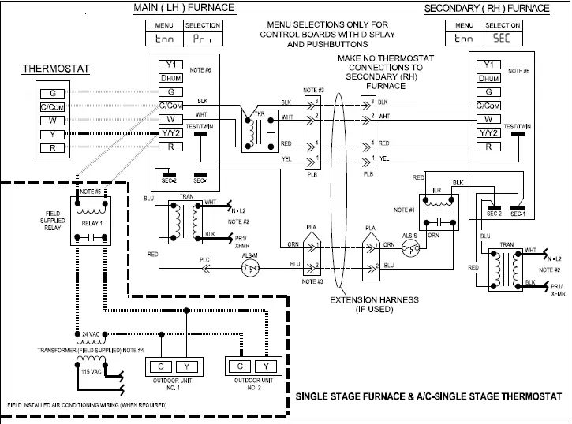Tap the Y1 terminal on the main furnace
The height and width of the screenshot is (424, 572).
point(170,65)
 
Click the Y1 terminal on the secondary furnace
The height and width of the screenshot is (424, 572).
point(489,65)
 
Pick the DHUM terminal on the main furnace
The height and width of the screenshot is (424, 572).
point(170,78)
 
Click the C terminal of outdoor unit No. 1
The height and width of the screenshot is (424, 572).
point(161,366)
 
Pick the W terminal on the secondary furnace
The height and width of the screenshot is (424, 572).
point(489,119)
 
